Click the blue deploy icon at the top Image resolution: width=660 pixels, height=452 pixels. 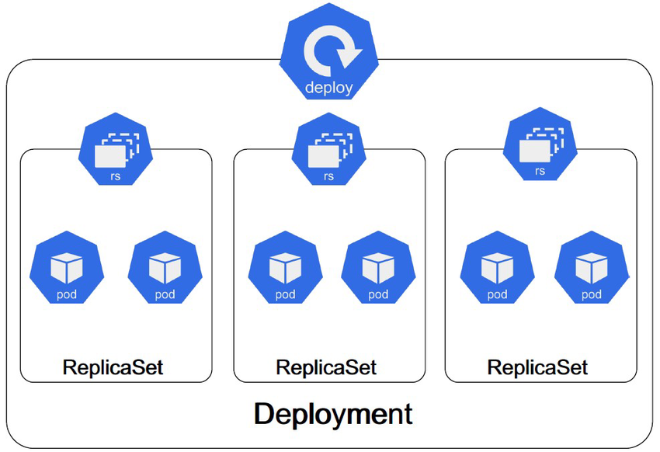(329, 59)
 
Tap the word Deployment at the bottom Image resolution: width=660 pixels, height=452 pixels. (333, 413)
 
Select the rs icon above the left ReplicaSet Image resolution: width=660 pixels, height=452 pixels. (116, 151)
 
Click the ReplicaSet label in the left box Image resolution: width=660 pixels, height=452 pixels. (113, 367)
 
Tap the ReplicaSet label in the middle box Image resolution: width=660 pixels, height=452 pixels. (326, 367)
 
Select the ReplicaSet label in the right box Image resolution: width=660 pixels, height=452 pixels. (537, 367)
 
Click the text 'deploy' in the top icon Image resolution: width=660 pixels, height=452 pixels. (328, 88)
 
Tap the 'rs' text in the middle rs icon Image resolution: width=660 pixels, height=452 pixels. (329, 176)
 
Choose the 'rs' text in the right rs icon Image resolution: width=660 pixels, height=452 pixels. (540, 172)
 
